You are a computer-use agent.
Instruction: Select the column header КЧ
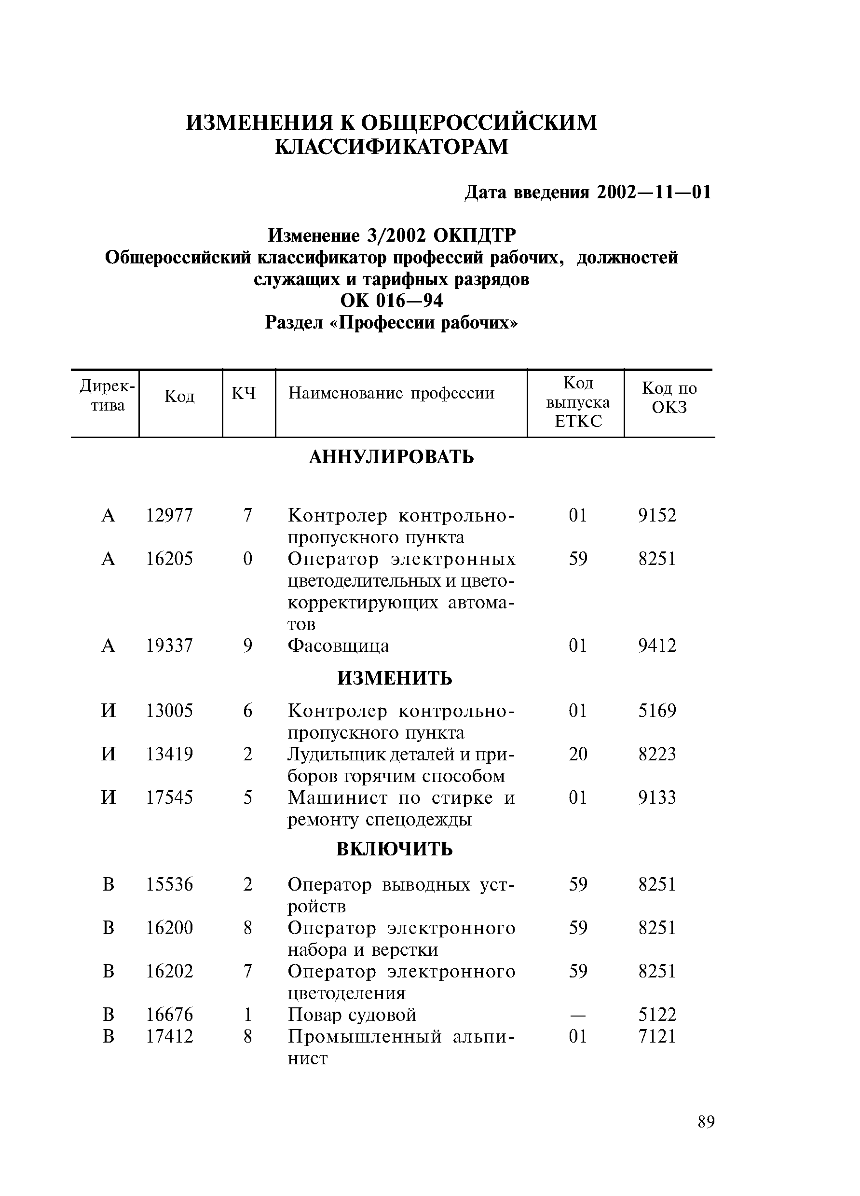243,393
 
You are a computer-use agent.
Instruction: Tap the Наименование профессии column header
391,393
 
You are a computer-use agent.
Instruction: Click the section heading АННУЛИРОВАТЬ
391,457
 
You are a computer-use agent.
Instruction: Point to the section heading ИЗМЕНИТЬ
395,678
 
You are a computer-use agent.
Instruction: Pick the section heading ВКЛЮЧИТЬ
395,849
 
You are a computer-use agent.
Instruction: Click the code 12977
169,515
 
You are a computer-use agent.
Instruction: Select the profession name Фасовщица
338,646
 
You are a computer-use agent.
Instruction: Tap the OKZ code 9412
657,646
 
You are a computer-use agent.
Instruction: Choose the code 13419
169,754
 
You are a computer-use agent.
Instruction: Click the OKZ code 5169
657,711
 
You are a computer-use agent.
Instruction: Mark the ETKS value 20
578,754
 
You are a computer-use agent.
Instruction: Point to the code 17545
169,797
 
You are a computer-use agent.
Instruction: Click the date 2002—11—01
654,192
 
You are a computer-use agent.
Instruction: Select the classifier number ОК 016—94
391,301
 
